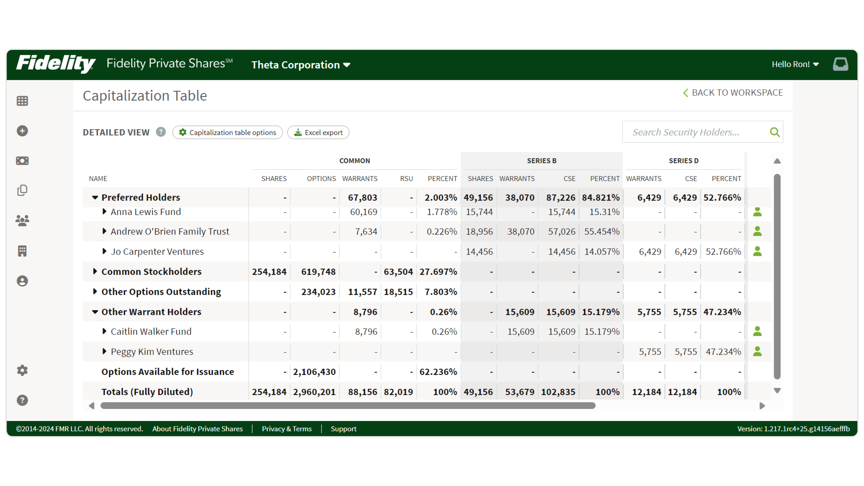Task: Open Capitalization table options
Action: (x=227, y=132)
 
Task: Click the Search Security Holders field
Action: (x=694, y=132)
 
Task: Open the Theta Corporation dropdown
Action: (x=300, y=65)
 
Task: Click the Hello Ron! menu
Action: (x=795, y=64)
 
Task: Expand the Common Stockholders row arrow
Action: (x=95, y=271)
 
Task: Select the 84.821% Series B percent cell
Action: (x=600, y=198)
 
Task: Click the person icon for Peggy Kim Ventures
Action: (x=757, y=351)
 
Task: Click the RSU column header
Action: (x=406, y=178)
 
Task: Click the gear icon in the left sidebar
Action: (x=22, y=370)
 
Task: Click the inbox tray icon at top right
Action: (x=840, y=64)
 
